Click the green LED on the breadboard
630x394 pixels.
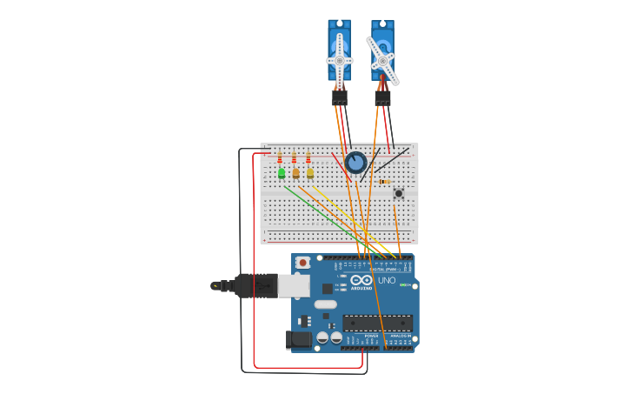point(282,173)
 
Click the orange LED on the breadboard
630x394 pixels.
point(295,173)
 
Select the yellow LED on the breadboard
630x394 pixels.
point(310,173)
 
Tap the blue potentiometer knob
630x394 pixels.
point(355,162)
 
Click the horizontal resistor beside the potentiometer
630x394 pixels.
point(384,181)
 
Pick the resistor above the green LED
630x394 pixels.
point(280,158)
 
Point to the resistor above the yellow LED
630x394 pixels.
point(308,158)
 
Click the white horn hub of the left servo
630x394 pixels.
point(339,61)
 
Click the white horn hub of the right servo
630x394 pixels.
point(382,60)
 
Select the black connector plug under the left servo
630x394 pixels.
point(339,97)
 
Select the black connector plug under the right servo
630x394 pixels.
point(382,97)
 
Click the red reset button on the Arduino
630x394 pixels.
point(302,262)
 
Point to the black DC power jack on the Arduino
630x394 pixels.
point(299,340)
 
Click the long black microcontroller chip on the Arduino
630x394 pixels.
point(376,323)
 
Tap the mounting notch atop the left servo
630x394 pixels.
point(339,24)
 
